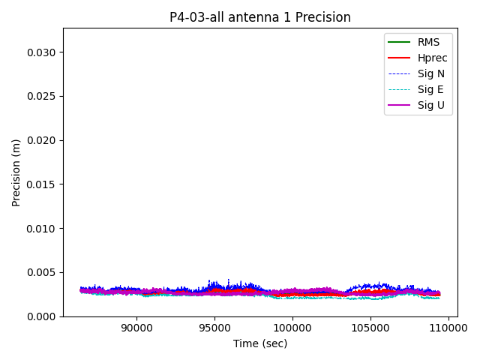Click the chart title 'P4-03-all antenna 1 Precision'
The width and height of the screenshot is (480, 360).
click(259, 17)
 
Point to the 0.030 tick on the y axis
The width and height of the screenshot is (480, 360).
click(43, 52)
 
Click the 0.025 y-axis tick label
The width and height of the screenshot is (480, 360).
click(43, 97)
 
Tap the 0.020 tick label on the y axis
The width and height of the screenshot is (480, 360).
click(43, 140)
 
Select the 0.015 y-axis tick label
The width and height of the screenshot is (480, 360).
click(43, 184)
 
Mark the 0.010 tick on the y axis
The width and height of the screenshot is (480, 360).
click(43, 229)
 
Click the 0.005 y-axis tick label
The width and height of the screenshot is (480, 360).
click(43, 272)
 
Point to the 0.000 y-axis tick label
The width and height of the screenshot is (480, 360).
click(43, 316)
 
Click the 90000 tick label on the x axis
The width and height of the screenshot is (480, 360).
click(136, 328)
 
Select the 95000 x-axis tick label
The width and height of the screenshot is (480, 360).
click(214, 328)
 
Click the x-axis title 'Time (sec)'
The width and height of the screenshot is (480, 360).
click(259, 343)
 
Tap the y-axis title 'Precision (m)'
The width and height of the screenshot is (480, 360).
click(16, 172)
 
